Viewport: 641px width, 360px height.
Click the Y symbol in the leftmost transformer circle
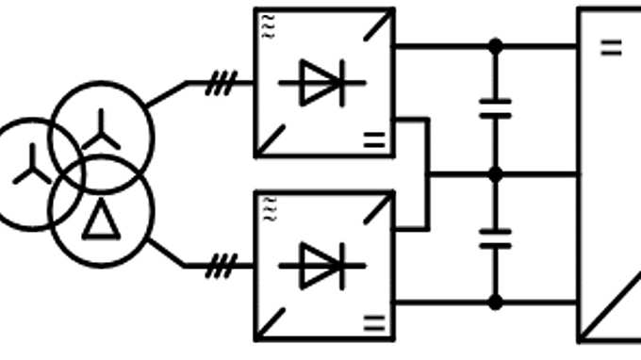(x=32, y=164)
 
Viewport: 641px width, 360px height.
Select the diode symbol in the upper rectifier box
(x=321, y=83)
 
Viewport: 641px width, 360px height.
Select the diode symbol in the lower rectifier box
(x=321, y=266)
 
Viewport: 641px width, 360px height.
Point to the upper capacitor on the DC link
(x=495, y=108)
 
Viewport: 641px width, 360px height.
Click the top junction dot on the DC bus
(x=495, y=45)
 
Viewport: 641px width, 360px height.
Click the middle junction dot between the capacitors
(x=495, y=174)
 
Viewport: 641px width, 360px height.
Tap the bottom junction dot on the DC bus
(x=495, y=302)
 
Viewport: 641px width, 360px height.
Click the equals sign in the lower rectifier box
(x=374, y=324)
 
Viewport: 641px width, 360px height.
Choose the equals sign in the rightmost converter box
(x=612, y=46)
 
